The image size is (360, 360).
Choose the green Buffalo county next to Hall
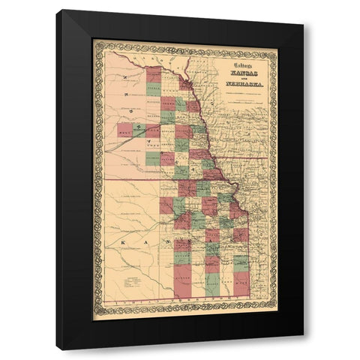pyautogui.click(x=136, y=130)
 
